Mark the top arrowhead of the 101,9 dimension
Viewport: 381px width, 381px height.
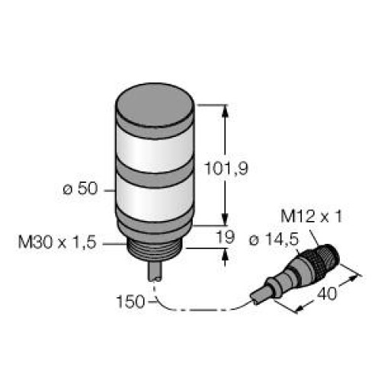tap(226, 109)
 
